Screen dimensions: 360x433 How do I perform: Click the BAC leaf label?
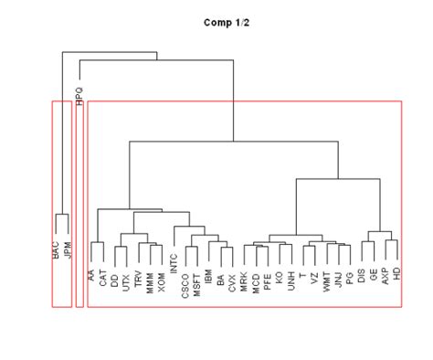click(x=56, y=249)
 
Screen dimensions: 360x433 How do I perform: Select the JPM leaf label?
click(x=68, y=249)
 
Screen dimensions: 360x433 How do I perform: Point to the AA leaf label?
click(x=90, y=275)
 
